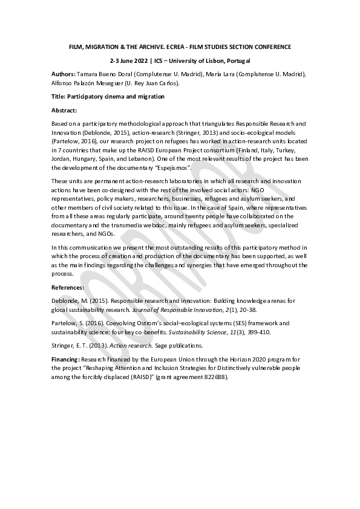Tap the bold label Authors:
pyautogui.click(x=65, y=74)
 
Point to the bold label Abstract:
pyautogui.click(x=64, y=111)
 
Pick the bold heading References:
pyautogui.click(x=68, y=288)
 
